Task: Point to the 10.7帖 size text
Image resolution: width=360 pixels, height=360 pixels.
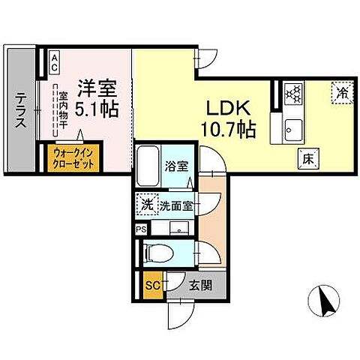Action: [x=228, y=129]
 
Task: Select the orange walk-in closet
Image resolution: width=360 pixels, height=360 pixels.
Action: [x=75, y=157]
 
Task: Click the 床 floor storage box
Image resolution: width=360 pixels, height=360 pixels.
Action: [x=307, y=159]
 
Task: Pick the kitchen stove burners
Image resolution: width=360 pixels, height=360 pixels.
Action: [x=295, y=94]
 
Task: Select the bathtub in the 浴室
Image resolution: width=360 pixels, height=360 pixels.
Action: [x=149, y=165]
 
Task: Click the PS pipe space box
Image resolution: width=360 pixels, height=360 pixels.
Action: [x=141, y=229]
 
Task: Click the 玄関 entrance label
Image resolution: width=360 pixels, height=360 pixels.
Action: [x=199, y=284]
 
